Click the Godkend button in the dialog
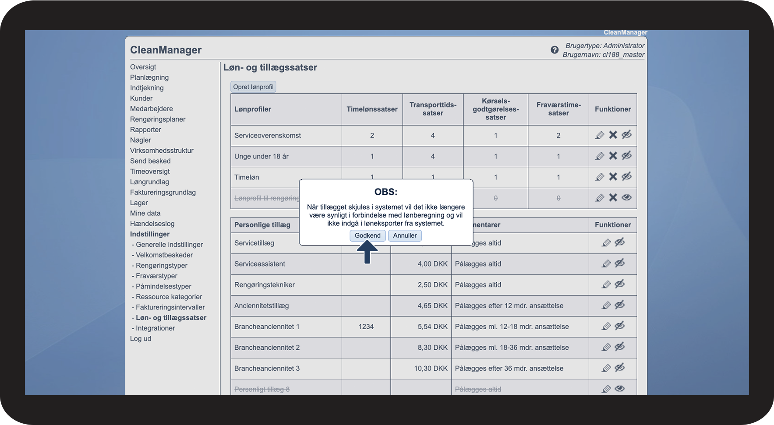click(368, 235)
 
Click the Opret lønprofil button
click(253, 87)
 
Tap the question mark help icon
click(555, 50)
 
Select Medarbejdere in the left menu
click(152, 109)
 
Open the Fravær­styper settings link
click(156, 276)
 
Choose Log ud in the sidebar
click(141, 338)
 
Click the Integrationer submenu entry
click(155, 328)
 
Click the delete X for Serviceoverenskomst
click(613, 135)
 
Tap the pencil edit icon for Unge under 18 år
click(600, 156)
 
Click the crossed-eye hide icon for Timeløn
click(627, 176)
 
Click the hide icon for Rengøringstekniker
click(619, 284)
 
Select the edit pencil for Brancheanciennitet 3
click(606, 368)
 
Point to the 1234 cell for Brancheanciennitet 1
click(366, 327)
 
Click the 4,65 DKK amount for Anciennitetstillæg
click(432, 306)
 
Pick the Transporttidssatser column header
click(433, 109)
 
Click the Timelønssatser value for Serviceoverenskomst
click(372, 135)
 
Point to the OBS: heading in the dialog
click(386, 192)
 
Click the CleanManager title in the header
click(166, 50)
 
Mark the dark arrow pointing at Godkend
click(367, 253)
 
